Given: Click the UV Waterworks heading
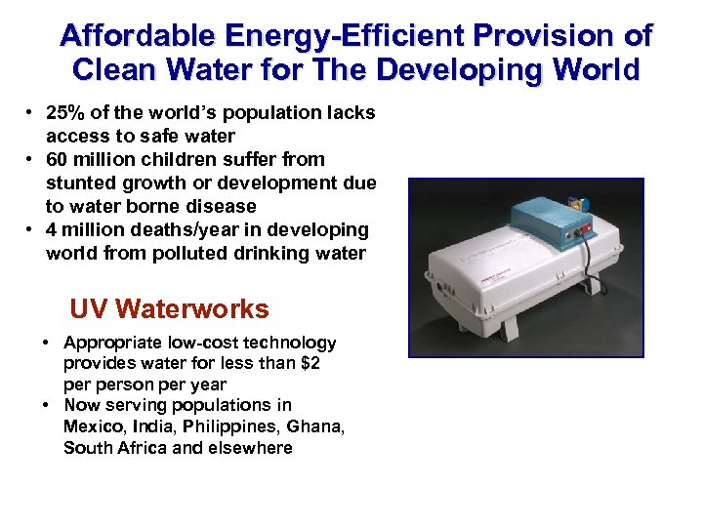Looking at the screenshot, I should click(169, 309).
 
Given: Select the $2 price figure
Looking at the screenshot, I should click(311, 364).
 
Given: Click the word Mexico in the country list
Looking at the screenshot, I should click(90, 426).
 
